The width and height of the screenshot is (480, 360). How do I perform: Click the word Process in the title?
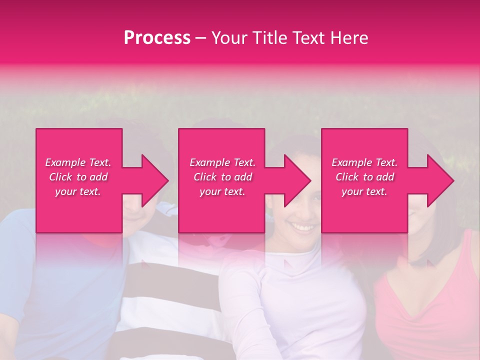coord(157,38)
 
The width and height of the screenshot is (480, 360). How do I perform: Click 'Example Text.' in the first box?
coord(78,162)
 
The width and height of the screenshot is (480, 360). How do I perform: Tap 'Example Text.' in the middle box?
coord(222,162)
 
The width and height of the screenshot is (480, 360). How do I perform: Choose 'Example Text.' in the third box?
coord(364,162)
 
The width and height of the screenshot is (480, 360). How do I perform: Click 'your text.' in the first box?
coord(78,191)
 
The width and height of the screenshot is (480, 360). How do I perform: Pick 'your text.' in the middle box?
coord(222,191)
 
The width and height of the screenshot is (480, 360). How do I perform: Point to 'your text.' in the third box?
coord(364,191)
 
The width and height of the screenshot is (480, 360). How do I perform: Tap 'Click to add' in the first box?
coord(78,177)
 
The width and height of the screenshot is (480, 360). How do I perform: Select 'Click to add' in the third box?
coord(364,177)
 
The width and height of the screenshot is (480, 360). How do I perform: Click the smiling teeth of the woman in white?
coord(303,227)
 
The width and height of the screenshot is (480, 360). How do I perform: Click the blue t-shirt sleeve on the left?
coord(20,240)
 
